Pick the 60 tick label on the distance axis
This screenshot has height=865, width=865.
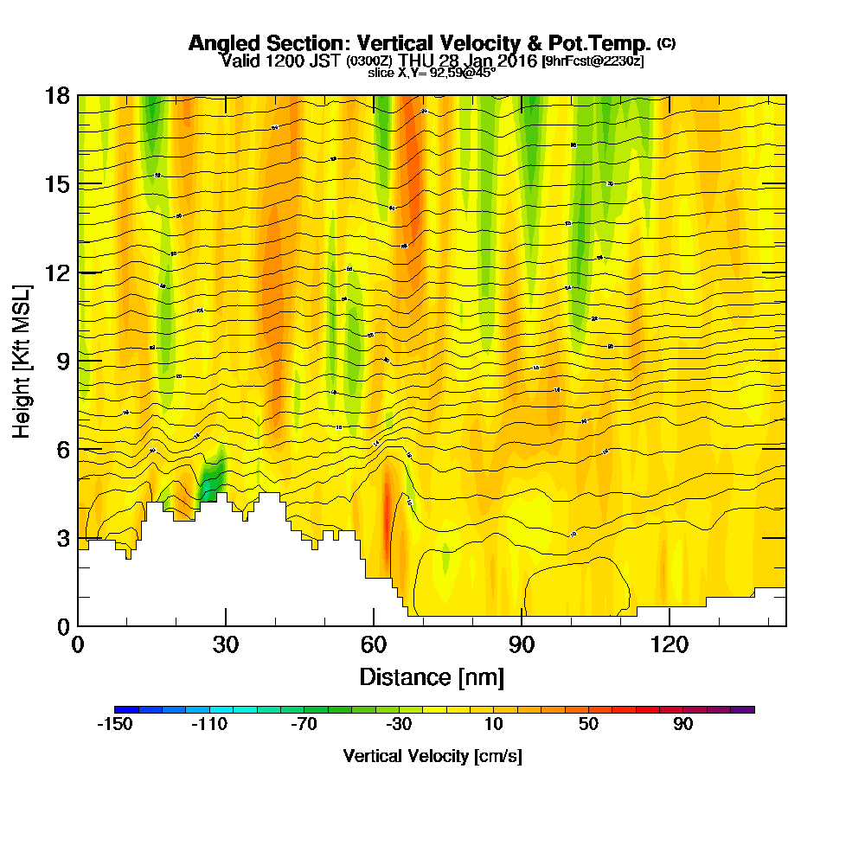click(374, 644)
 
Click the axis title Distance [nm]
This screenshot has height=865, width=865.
click(432, 676)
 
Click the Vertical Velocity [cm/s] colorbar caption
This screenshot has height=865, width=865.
click(432, 756)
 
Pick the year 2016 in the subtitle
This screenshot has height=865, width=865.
click(512, 61)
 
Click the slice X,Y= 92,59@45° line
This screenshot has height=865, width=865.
click(432, 73)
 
